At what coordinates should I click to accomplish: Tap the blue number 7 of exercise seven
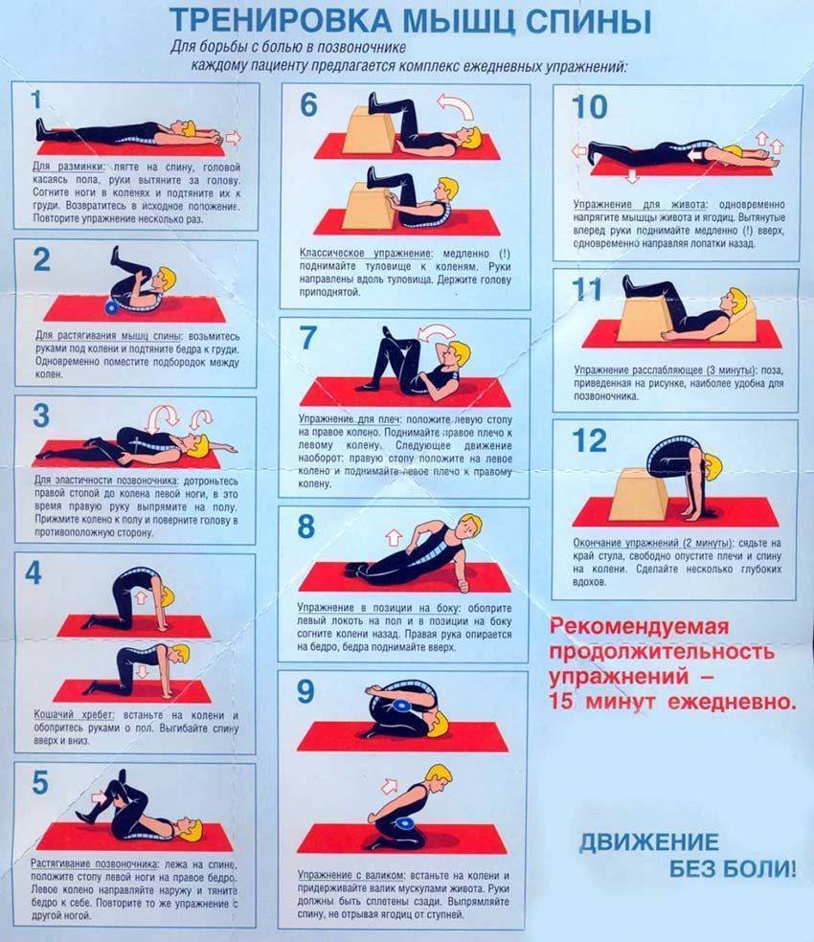(307, 337)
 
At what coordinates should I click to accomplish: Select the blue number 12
(589, 440)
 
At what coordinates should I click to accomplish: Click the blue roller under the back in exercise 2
(112, 307)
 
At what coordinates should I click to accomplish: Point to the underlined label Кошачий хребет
(74, 715)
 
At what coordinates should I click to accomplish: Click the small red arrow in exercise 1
(234, 138)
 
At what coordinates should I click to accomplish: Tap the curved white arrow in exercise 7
(437, 332)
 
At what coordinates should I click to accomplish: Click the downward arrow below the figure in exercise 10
(632, 175)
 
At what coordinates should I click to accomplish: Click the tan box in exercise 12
(641, 494)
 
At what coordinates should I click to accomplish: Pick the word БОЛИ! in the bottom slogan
(733, 868)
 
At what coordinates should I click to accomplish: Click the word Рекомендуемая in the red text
(639, 627)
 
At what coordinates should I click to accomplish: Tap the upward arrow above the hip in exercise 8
(394, 536)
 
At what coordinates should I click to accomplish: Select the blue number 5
(39, 782)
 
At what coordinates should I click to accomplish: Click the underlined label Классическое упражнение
(366, 253)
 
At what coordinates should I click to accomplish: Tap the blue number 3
(41, 415)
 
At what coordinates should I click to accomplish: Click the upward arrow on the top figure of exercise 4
(141, 596)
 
